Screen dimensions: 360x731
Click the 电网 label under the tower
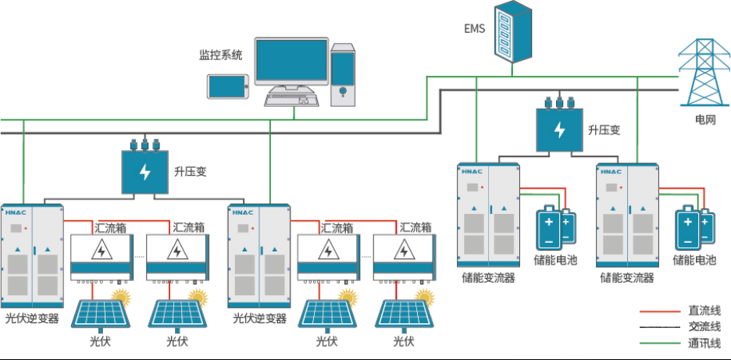tap(705, 120)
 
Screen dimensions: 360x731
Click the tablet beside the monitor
tap(228, 87)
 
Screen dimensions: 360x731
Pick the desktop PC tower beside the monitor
tap(344, 74)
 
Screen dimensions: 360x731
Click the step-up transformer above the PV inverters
tap(145, 171)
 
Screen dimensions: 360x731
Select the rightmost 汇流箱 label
tap(416, 228)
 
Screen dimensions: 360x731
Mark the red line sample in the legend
tap(661, 311)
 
